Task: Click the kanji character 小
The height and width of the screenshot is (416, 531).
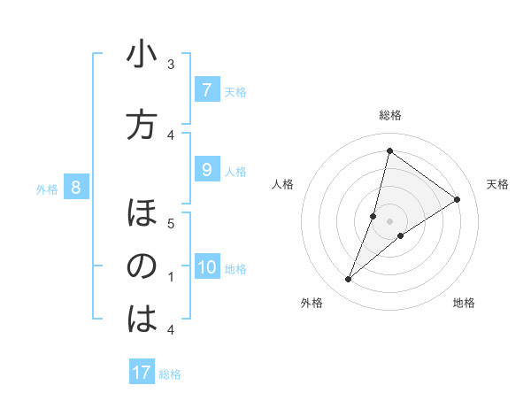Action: pos(142,56)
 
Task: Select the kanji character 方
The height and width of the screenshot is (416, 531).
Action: pos(142,125)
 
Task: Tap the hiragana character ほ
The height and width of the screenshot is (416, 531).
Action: pos(142,213)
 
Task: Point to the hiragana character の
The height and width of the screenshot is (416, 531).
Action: pos(142,266)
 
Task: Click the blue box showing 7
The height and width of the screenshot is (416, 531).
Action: pos(206,90)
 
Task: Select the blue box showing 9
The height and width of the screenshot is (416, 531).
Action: pos(206,170)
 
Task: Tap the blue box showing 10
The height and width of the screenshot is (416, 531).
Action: pos(206,267)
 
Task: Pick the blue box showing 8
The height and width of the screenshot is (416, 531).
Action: pos(76,187)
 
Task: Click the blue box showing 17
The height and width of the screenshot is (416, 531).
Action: pos(142,373)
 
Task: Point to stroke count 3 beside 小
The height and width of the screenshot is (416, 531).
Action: pos(171,65)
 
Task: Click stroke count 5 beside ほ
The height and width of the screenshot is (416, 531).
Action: pos(171,223)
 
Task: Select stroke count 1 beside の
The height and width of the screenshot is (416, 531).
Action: pos(171,277)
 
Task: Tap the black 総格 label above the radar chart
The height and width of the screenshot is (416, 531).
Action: pos(389,115)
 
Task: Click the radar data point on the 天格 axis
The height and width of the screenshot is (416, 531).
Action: pos(458,199)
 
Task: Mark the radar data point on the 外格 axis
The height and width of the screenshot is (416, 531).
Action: pos(349,280)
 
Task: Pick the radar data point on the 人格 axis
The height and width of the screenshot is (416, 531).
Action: pos(373,216)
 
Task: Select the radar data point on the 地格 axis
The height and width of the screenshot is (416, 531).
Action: pos(401,235)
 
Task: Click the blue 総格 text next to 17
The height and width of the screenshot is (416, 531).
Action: pos(170,374)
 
